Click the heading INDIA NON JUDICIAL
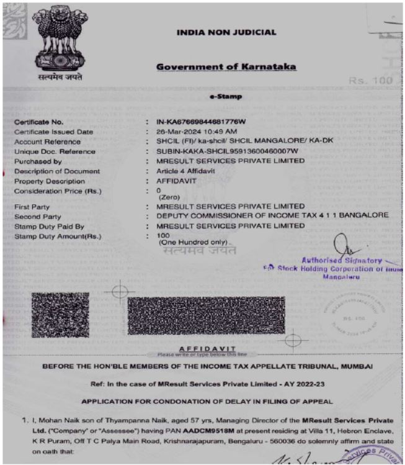tap(226, 33)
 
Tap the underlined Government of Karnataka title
tap(226, 67)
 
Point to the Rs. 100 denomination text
tap(370, 81)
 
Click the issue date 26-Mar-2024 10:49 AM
tap(197, 132)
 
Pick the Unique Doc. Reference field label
tap(55, 151)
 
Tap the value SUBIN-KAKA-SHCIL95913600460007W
tap(228, 151)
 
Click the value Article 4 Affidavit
tap(188, 171)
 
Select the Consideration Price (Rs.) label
tap(57, 190)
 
